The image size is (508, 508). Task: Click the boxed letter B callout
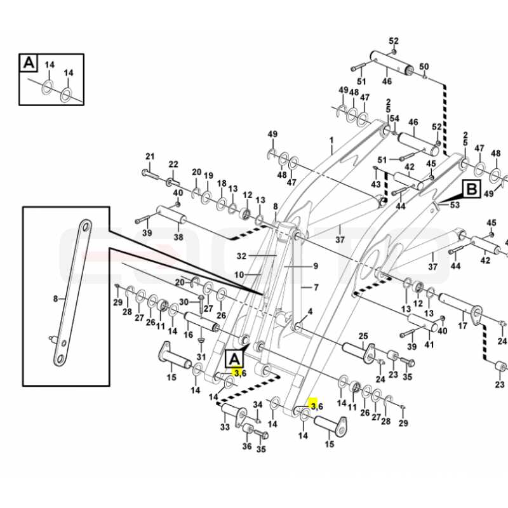tap(472, 189)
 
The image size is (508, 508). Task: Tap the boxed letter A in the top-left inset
tap(29, 62)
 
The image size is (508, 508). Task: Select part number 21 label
tap(150, 156)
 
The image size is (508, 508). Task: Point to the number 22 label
tap(173, 164)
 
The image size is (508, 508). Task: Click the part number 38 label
tap(178, 237)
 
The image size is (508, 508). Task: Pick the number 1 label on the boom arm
tap(331, 140)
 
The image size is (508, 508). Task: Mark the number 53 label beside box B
tap(455, 204)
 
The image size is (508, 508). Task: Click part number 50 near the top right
tap(424, 67)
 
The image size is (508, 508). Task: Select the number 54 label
tap(394, 119)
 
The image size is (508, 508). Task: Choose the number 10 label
tap(239, 275)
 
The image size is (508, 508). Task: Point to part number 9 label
tap(316, 266)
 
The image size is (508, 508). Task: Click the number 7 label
tap(316, 288)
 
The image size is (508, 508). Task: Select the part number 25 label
tap(363, 336)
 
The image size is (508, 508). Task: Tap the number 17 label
tap(463, 326)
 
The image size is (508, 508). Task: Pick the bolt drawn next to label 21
tap(150, 174)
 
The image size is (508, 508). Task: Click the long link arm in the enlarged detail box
tap(72, 293)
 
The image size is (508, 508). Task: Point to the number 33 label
tap(225, 427)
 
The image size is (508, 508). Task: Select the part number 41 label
tap(429, 344)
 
